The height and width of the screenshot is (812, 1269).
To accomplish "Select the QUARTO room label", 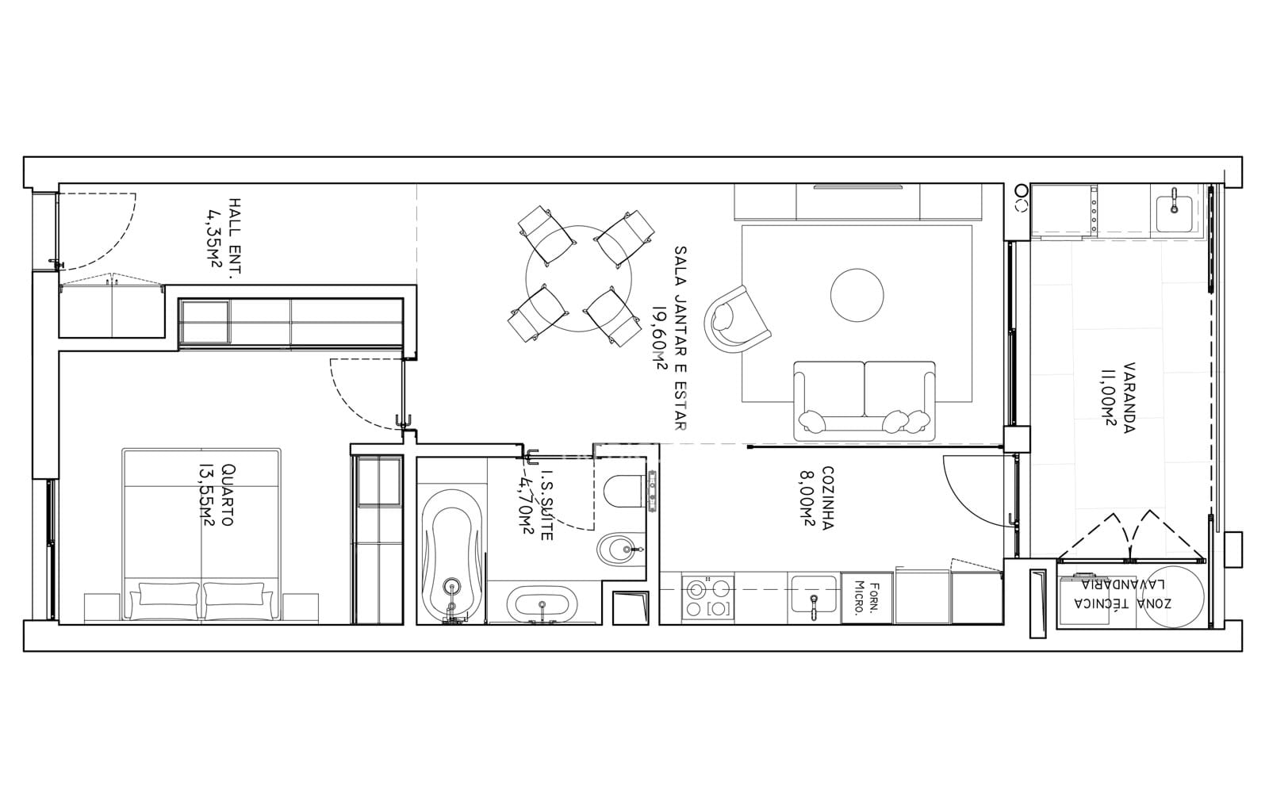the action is (x=227, y=495).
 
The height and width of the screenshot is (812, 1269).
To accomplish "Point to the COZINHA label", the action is (x=827, y=498).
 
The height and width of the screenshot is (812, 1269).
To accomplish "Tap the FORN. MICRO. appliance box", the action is (x=867, y=598).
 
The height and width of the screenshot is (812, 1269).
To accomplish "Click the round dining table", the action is (x=578, y=278).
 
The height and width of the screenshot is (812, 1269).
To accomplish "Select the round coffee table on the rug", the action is (x=857, y=295).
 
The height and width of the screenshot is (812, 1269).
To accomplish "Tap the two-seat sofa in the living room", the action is (x=864, y=401).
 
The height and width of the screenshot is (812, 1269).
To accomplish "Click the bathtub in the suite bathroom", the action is (x=451, y=557).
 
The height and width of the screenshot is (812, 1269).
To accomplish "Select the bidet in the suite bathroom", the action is (x=622, y=549).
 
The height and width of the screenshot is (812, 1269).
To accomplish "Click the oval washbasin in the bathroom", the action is (x=542, y=602).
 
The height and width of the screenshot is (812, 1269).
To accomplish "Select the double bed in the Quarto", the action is (x=201, y=534).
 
